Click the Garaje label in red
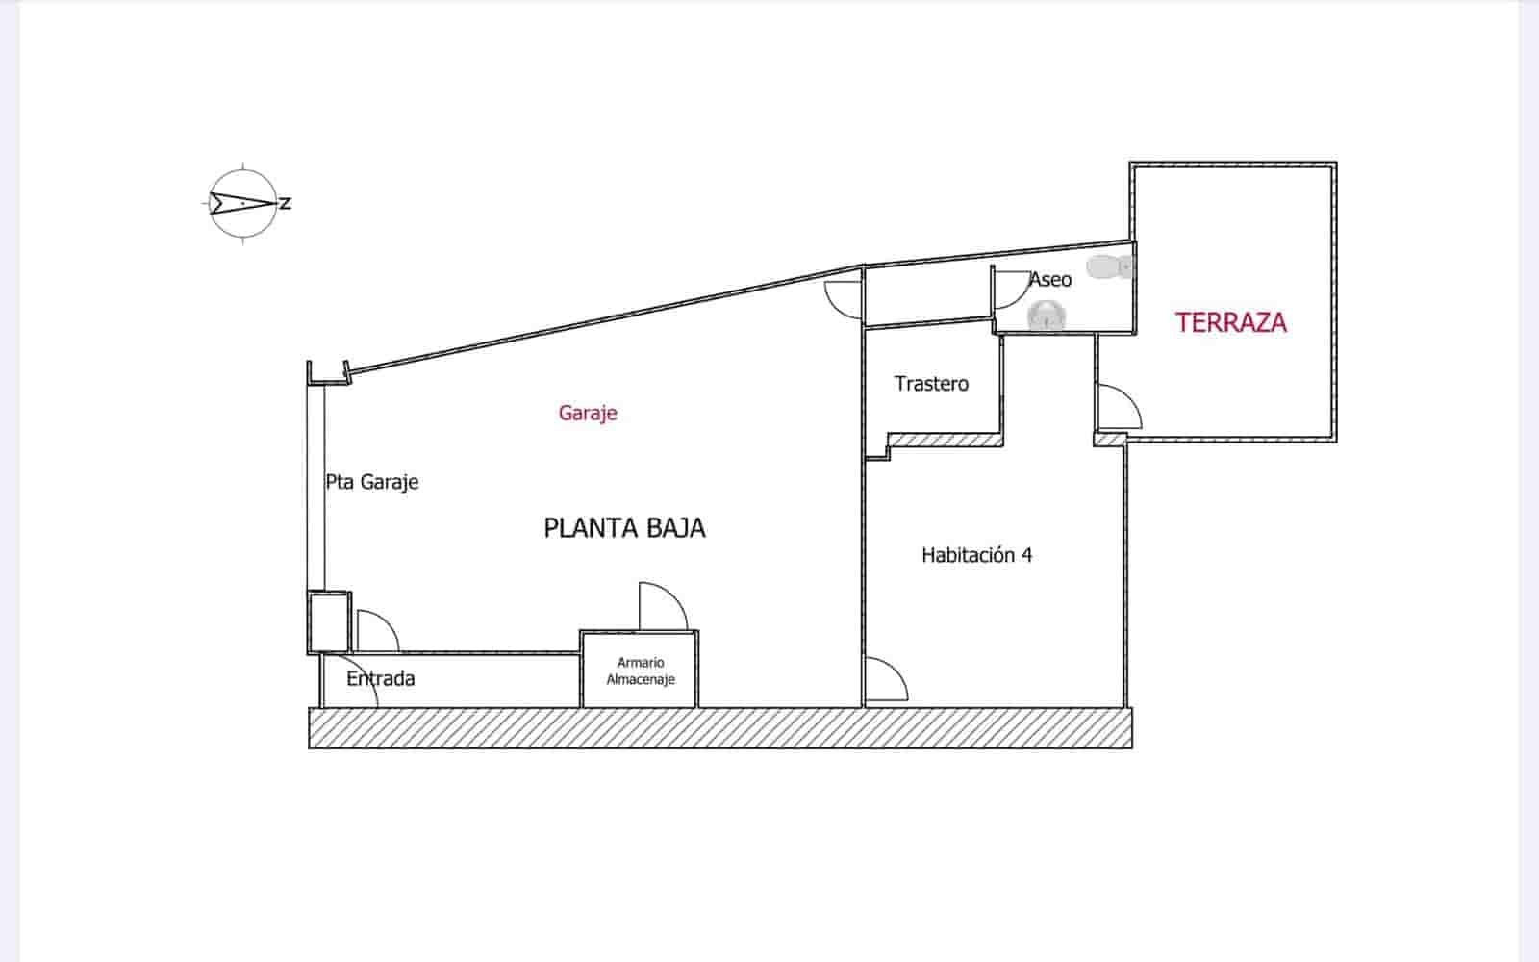[588, 414]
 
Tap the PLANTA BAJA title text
[625, 528]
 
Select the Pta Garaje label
[372, 482]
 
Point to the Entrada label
[381, 679]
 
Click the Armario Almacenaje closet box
[640, 671]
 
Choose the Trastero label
[931, 384]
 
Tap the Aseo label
[1050, 280]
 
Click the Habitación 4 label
[976, 555]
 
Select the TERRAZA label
[1231, 322]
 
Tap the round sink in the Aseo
[1046, 315]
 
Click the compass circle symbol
[243, 204]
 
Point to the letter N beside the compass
[286, 204]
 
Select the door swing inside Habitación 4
[885, 680]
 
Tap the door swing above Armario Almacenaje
[662, 607]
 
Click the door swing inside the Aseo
[1010, 289]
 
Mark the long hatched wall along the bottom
[720, 728]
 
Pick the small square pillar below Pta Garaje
[329, 621]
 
